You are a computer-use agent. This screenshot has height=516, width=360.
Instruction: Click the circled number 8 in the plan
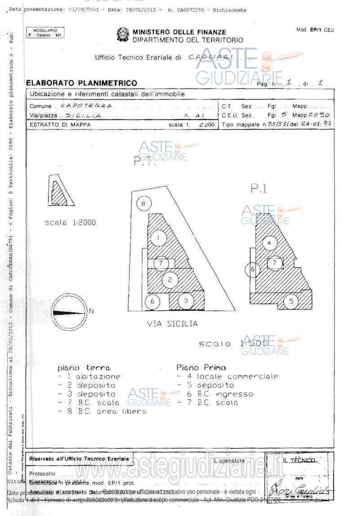[143, 204]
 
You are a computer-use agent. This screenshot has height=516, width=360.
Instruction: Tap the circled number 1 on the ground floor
[158, 238]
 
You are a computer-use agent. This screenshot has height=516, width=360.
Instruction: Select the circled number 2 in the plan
[170, 279]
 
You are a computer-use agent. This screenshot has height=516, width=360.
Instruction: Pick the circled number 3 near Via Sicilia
[186, 300]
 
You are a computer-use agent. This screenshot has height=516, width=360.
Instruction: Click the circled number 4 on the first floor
[269, 243]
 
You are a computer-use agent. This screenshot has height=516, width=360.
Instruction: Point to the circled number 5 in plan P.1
[291, 301]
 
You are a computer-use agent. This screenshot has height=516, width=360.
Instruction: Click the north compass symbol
[70, 311]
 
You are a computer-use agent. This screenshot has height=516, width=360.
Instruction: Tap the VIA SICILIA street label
[172, 323]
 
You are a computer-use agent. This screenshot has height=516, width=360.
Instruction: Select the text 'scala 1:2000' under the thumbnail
[71, 222]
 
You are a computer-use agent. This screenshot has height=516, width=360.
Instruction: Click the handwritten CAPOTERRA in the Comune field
[85, 106]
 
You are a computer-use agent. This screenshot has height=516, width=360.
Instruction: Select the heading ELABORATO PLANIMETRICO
[81, 83]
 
